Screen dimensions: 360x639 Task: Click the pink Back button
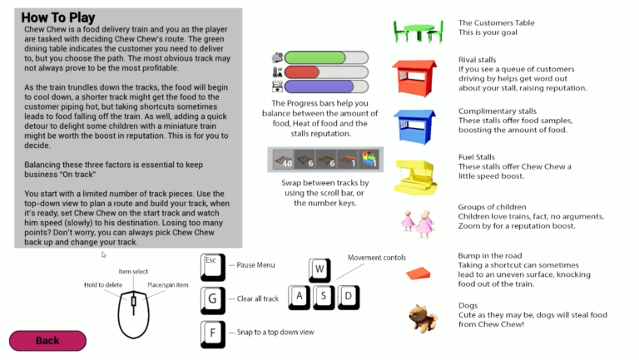pos(47,340)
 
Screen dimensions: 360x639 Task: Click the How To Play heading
pos(58,17)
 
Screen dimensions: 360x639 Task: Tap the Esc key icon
pos(213,265)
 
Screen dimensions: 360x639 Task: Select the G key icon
pos(213,299)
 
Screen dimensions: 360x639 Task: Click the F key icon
pos(213,333)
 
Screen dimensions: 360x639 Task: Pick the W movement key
pos(320,269)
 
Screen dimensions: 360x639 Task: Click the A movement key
pos(300,296)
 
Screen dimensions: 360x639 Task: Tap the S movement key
pos(324,296)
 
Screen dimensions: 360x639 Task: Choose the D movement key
pos(349,296)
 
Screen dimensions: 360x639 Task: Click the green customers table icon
pos(419,32)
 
